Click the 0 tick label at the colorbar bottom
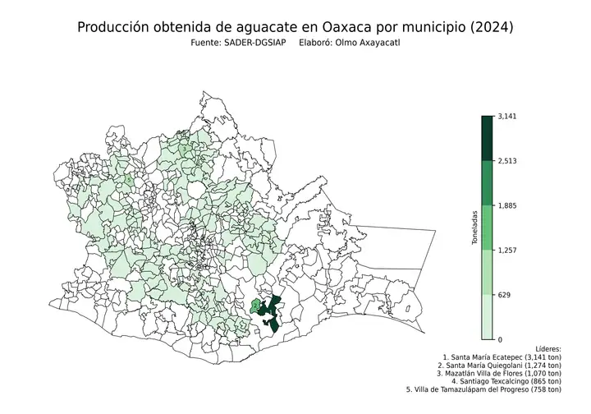click(501, 338)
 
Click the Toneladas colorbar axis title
click(474, 228)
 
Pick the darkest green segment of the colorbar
click(488, 138)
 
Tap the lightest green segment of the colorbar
click(488, 316)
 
